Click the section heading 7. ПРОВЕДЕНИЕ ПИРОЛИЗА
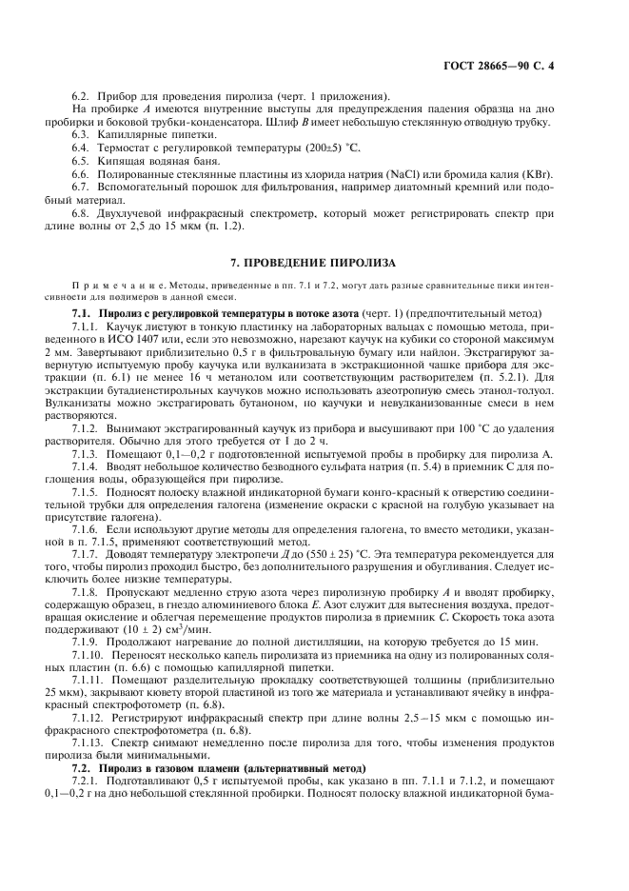click(x=313, y=262)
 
